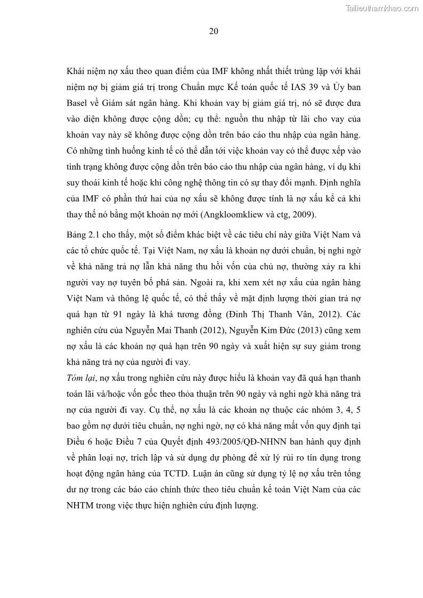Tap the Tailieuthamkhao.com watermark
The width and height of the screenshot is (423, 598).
[x=383, y=8]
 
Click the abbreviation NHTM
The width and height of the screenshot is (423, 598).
[x=79, y=506]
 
